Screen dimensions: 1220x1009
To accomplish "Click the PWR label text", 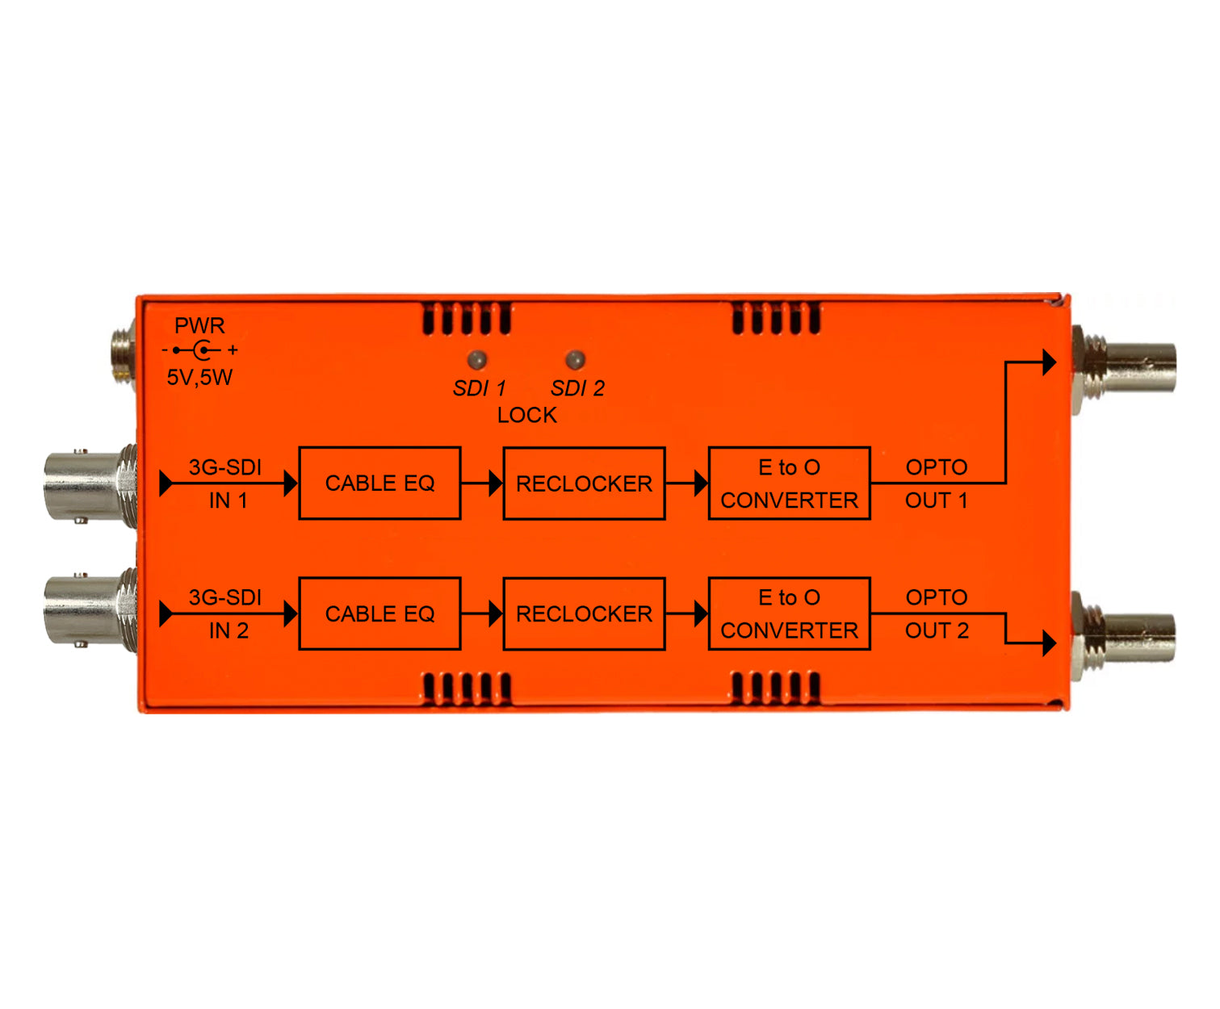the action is [x=199, y=325].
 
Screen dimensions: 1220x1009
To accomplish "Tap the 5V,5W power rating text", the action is [x=199, y=378].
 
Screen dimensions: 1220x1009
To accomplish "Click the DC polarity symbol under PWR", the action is [x=199, y=350].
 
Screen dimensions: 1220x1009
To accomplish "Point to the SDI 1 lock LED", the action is [x=477, y=358].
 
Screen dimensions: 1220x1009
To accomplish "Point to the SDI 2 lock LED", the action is [x=575, y=358].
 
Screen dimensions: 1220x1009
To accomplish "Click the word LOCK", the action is [x=526, y=416].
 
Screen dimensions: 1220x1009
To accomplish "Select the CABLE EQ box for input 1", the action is [x=379, y=484].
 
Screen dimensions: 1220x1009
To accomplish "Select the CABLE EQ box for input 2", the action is [x=379, y=613].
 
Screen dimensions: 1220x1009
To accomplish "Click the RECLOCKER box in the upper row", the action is [x=584, y=484].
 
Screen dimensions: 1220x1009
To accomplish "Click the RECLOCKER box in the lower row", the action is [x=584, y=613].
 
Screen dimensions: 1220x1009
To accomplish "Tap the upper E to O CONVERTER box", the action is [x=789, y=484].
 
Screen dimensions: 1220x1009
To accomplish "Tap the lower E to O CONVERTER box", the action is [x=789, y=613].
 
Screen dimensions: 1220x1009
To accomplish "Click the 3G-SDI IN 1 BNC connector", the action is [x=90, y=485].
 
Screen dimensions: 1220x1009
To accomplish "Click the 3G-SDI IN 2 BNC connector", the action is [x=90, y=610].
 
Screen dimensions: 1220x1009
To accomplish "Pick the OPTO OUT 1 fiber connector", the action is [x=1122, y=369].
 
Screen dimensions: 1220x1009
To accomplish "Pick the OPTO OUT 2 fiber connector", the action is [x=1122, y=637].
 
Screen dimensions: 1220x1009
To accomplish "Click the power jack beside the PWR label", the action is [x=124, y=352].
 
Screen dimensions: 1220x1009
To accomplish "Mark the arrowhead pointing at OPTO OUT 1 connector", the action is [x=1049, y=362].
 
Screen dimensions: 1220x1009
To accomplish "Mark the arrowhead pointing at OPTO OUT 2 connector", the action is [x=1049, y=643].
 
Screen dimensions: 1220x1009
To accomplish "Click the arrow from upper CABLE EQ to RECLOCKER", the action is [x=481, y=484].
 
